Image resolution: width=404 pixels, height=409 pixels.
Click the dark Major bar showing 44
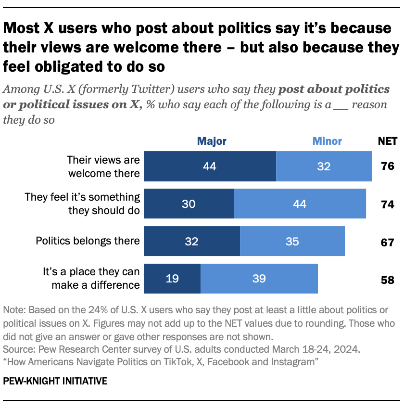[x=210, y=166]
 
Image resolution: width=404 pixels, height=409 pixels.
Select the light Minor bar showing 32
[x=324, y=166]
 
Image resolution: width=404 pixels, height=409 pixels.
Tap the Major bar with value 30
[x=189, y=204]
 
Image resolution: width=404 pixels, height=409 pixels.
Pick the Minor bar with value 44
[x=300, y=204]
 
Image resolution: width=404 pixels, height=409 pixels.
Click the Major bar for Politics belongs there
[x=192, y=241]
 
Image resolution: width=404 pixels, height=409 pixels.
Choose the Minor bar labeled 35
[x=292, y=241]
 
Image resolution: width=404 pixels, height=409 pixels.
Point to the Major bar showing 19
[x=172, y=279]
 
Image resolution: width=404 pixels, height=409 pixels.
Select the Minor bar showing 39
[x=259, y=279]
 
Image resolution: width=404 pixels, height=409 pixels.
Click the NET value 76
[x=387, y=166]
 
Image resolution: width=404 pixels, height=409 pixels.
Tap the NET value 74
[x=387, y=204]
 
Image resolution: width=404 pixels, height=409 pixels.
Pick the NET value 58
[x=387, y=279]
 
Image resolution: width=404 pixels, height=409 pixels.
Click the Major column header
[x=211, y=141]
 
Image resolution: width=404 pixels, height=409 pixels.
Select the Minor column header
[x=327, y=141]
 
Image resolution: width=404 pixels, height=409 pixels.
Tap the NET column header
[x=388, y=141]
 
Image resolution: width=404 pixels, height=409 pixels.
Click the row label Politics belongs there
[x=88, y=241]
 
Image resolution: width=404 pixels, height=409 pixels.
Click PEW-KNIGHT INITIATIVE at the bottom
[x=55, y=381]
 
